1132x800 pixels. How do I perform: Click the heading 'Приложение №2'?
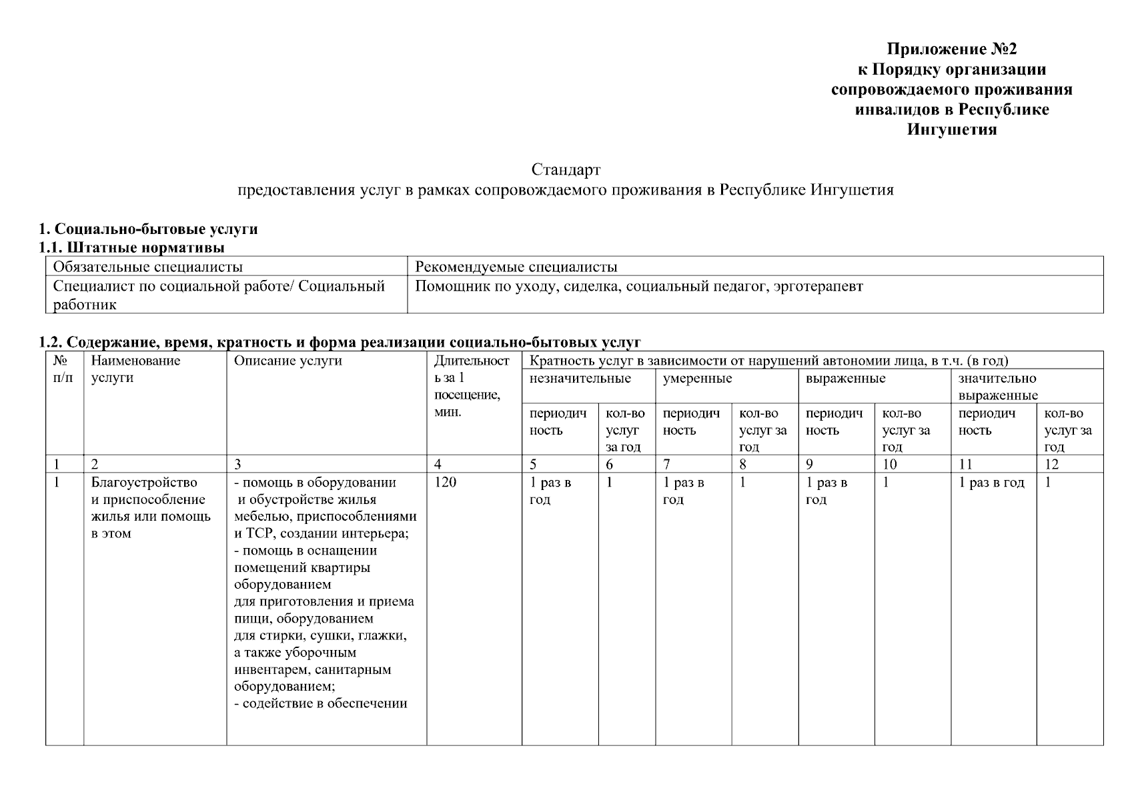point(951,49)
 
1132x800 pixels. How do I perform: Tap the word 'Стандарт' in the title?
point(566,170)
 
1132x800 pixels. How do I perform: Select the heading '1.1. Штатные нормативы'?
point(131,248)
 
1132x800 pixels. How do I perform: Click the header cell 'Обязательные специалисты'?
point(147,267)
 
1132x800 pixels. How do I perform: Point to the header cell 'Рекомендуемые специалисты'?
point(516,267)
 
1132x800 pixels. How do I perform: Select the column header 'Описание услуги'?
point(288,361)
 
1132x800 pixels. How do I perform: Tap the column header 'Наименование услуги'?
point(135,369)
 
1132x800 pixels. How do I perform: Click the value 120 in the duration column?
point(445,482)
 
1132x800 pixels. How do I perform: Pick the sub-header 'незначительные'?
point(580,379)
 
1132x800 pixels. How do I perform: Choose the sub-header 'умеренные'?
point(697,379)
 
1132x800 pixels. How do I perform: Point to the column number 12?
point(1051,465)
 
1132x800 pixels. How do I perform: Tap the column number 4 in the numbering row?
point(438,465)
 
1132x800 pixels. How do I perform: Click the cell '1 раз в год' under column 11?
point(991,483)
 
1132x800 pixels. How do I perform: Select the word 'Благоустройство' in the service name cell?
point(144,483)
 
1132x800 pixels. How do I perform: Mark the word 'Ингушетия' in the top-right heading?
point(951,130)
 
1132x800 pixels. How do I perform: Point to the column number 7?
point(666,465)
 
